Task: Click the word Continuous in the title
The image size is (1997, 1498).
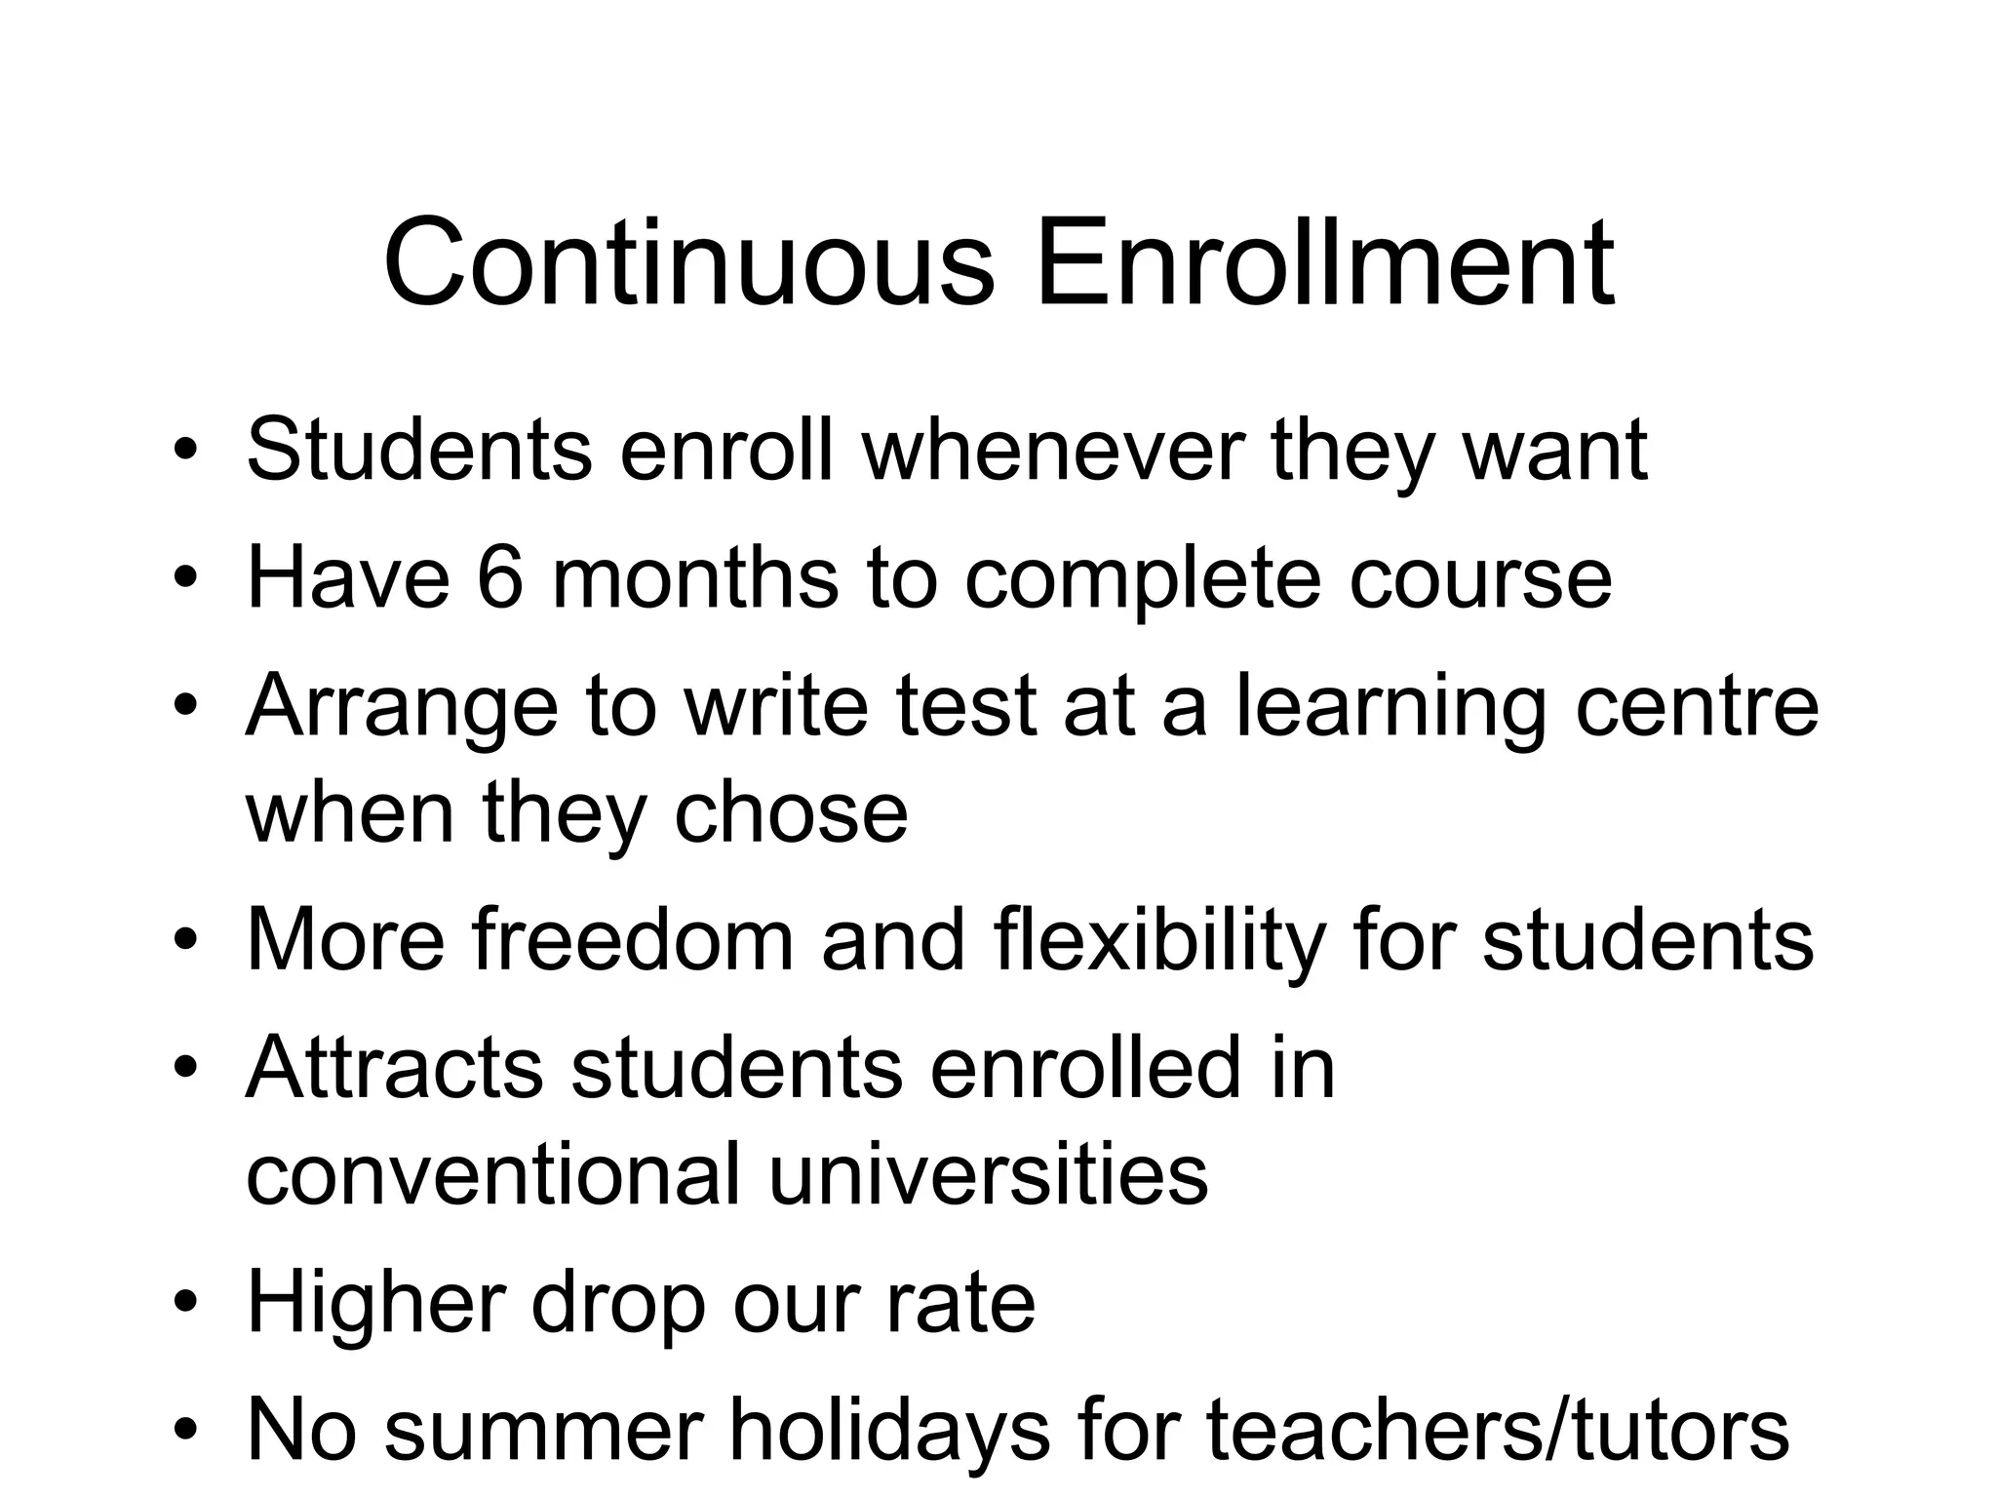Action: [688, 264]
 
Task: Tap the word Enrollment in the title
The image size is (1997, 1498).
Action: [1324, 264]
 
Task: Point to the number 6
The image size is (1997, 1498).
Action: [500, 577]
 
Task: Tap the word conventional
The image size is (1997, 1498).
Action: [493, 1174]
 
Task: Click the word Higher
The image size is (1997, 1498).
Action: [376, 1303]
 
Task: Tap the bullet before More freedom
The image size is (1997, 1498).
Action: [186, 941]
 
